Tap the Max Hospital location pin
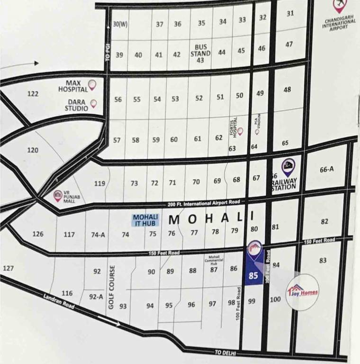(92, 85)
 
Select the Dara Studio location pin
(93, 103)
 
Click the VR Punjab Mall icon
(58, 196)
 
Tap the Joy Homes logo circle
(303, 291)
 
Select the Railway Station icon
(288, 166)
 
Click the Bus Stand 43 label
(200, 54)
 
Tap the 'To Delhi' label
(225, 353)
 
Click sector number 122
(33, 94)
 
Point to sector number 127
(8, 268)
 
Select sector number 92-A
(96, 297)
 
